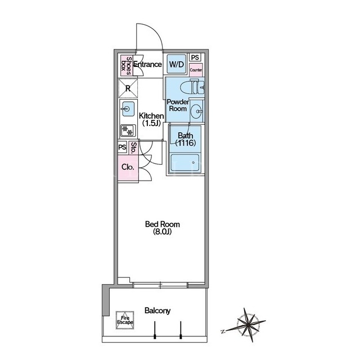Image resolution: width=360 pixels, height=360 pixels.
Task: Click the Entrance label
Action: click(x=147, y=64)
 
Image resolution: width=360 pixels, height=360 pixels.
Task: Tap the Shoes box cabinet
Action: click(x=127, y=66)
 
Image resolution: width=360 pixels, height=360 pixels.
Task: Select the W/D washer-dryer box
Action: click(x=176, y=64)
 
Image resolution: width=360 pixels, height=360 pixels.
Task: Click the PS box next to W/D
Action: click(x=195, y=57)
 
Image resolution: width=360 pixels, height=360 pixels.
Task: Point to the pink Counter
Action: click(x=196, y=70)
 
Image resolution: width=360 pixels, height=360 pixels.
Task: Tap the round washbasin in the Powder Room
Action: click(x=196, y=111)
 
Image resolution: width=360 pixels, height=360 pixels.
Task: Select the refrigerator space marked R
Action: click(x=128, y=88)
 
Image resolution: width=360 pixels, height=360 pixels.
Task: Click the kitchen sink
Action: click(x=128, y=109)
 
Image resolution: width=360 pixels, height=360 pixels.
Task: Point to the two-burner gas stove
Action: click(x=128, y=130)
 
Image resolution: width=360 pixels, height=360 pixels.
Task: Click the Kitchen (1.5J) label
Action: click(x=151, y=119)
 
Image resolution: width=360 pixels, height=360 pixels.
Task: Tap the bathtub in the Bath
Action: click(x=185, y=163)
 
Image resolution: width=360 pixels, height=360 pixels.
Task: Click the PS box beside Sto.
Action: click(x=123, y=147)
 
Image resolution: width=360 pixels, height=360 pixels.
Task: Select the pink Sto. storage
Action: click(x=133, y=147)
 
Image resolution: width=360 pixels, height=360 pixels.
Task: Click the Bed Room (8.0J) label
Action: click(x=163, y=228)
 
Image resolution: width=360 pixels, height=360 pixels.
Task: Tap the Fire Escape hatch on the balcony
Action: click(x=125, y=320)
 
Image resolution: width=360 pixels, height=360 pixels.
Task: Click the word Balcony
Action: click(x=157, y=311)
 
